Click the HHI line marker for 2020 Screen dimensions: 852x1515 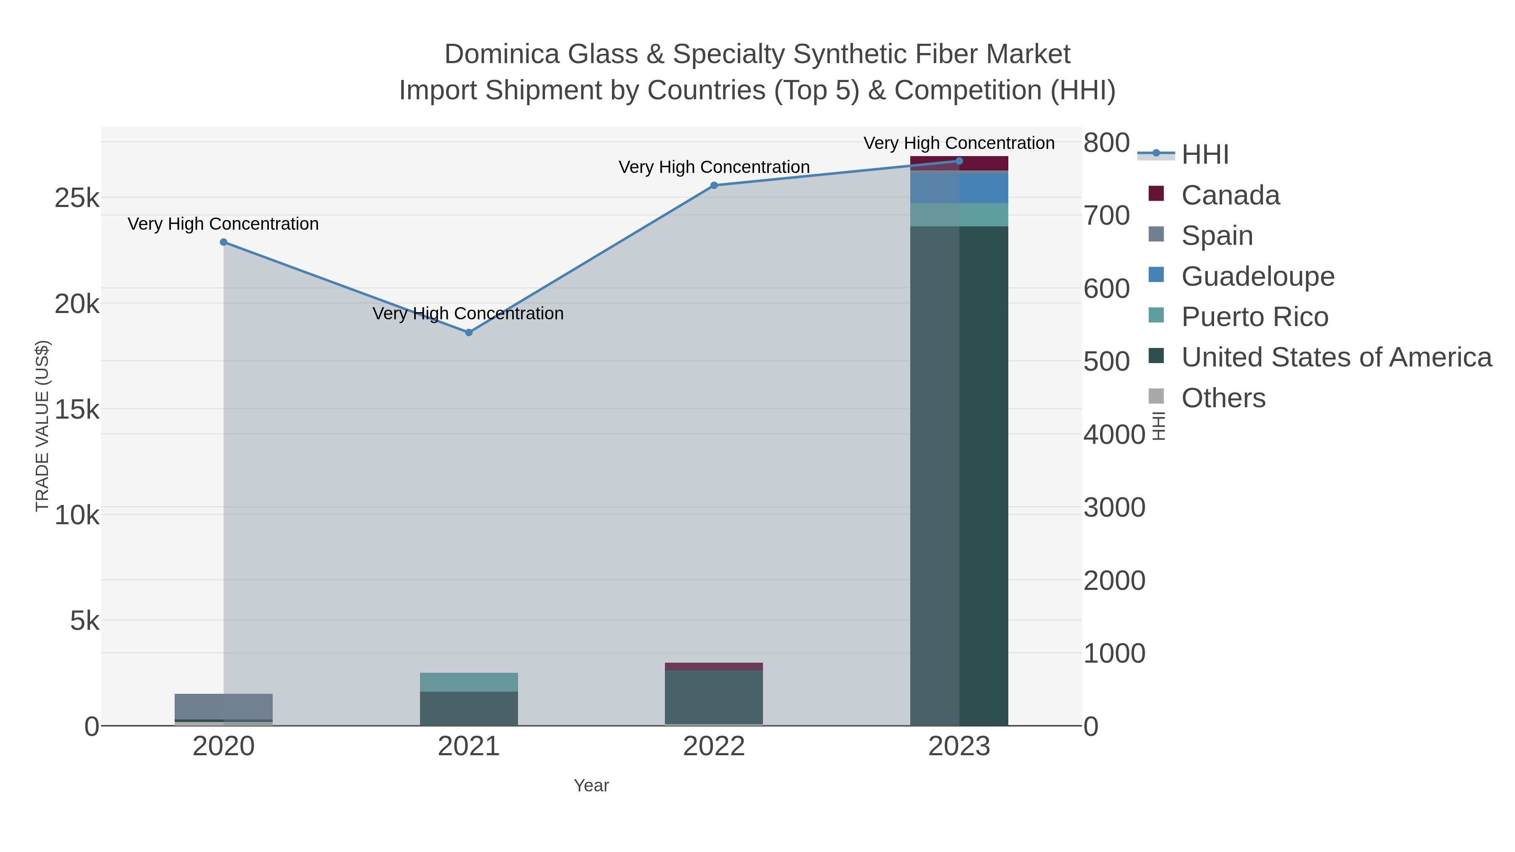(x=223, y=242)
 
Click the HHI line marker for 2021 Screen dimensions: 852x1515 (x=469, y=333)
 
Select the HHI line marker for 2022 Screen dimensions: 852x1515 (x=714, y=185)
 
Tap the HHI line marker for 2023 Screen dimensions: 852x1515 (x=959, y=161)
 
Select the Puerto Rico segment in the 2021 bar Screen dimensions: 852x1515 (x=469, y=682)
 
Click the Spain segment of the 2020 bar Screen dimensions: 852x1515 (x=223, y=706)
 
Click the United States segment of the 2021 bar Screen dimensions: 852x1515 (x=469, y=709)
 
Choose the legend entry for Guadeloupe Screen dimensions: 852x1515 (x=1257, y=276)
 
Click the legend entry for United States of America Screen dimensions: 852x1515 (x=1336, y=358)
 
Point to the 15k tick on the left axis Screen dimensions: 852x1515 (x=77, y=410)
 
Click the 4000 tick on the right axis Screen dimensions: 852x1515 (x=1114, y=435)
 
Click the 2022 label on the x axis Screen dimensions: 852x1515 (x=714, y=747)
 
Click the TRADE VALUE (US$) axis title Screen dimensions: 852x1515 (x=43, y=426)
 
